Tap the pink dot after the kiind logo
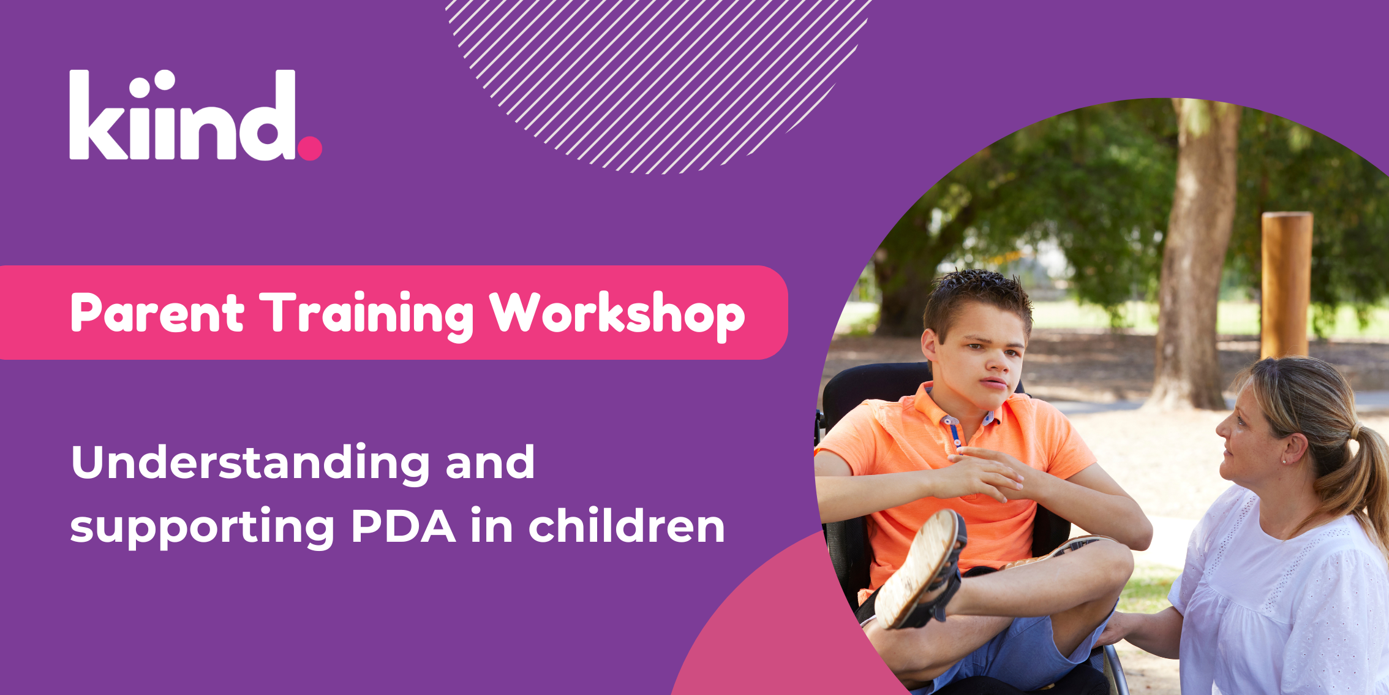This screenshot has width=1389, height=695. [310, 148]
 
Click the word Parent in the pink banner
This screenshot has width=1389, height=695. [157, 314]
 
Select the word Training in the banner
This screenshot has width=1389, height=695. [367, 315]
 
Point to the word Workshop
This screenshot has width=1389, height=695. [617, 315]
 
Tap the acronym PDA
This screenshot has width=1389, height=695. [403, 526]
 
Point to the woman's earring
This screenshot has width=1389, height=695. [1284, 461]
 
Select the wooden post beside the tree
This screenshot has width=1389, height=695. [1286, 284]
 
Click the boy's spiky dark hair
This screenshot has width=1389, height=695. [977, 300]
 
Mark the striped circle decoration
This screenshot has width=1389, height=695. [655, 80]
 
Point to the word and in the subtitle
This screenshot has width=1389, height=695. [490, 463]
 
